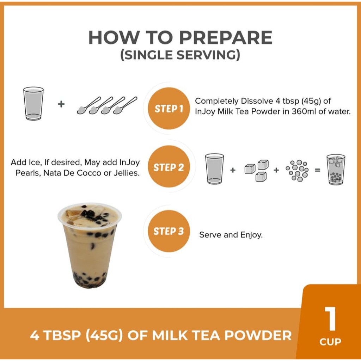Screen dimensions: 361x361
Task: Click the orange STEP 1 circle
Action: (x=169, y=108)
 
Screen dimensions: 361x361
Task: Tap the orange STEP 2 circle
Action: (x=169, y=166)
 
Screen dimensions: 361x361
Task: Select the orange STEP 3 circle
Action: (x=169, y=231)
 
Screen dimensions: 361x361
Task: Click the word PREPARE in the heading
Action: (x=226, y=37)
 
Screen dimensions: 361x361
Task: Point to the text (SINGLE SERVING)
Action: (x=180, y=55)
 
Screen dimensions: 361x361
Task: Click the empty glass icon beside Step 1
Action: (x=33, y=103)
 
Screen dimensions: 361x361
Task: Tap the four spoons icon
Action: (x=107, y=105)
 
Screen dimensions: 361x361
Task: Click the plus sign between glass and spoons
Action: (x=61, y=104)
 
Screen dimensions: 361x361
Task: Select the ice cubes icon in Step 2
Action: (x=257, y=170)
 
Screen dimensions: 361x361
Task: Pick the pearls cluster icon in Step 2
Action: (x=297, y=171)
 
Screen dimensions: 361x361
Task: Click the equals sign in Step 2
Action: (x=318, y=170)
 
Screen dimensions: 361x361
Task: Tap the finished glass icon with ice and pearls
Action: (x=336, y=170)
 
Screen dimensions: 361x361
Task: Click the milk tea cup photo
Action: (x=90, y=245)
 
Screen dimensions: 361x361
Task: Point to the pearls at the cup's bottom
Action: (x=89, y=280)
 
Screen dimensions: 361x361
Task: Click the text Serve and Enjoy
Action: (x=231, y=235)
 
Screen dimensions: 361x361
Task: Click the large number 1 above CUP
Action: (x=330, y=318)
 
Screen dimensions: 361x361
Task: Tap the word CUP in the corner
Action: (x=330, y=342)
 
